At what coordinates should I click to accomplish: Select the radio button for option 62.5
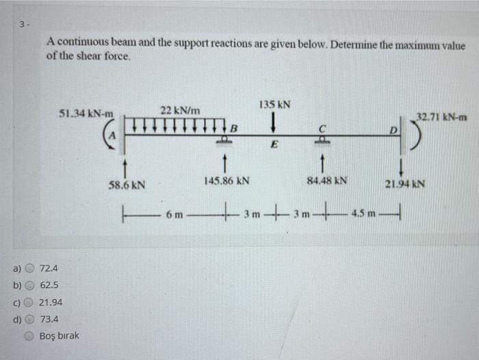[x=31, y=284]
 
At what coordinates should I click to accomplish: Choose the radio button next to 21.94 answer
[x=31, y=302]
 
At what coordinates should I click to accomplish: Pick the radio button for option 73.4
[x=31, y=319]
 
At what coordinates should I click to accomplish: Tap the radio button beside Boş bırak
[x=31, y=336]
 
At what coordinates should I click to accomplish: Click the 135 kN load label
[x=274, y=105]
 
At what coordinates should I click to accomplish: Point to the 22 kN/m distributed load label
[x=180, y=110]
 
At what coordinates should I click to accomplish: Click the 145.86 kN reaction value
[x=226, y=181]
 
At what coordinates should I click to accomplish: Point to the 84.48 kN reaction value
[x=327, y=181]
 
